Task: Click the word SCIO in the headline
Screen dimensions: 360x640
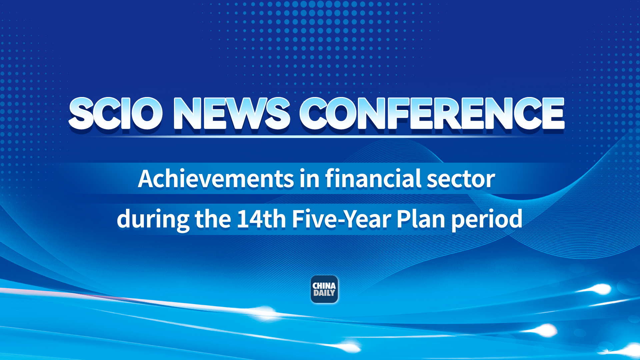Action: pyautogui.click(x=115, y=113)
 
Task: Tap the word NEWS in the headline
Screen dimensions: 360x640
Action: pyautogui.click(x=231, y=113)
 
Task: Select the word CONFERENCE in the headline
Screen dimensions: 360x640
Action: pyautogui.click(x=432, y=113)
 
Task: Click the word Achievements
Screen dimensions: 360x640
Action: pyautogui.click(x=216, y=179)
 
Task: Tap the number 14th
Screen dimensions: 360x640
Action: pyautogui.click(x=261, y=219)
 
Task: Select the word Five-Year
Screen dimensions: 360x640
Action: pyautogui.click(x=341, y=219)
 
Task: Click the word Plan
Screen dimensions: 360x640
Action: pyautogui.click(x=421, y=219)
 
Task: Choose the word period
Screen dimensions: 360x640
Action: pyautogui.click(x=487, y=219)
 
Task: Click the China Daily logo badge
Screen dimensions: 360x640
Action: pyautogui.click(x=324, y=289)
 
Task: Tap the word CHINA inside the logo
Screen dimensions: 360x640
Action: pyautogui.click(x=324, y=286)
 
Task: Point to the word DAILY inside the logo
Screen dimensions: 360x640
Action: pyautogui.click(x=324, y=293)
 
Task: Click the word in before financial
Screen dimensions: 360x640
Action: pyautogui.click(x=309, y=179)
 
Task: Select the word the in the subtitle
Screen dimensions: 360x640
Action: pyautogui.click(x=213, y=219)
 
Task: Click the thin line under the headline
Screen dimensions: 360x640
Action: pyautogui.click(x=317, y=137)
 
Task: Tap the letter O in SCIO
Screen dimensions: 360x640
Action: pyautogui.click(x=147, y=113)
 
